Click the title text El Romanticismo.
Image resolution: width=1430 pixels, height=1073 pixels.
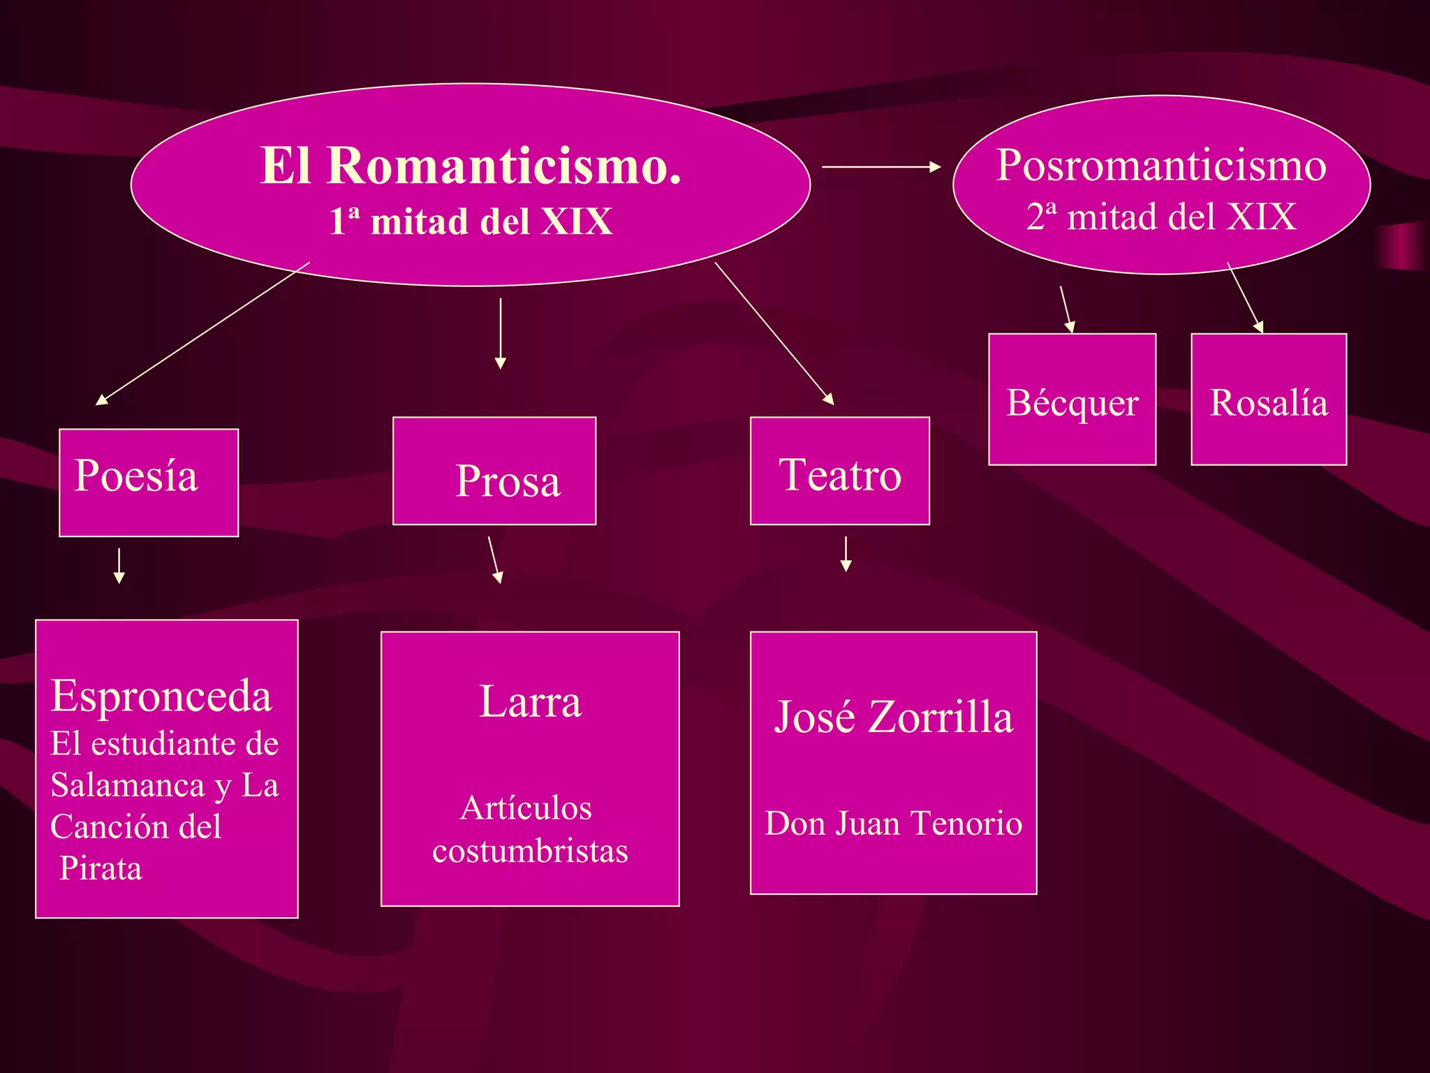pos(470,166)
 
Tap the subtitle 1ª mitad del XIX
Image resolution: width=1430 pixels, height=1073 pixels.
pos(470,221)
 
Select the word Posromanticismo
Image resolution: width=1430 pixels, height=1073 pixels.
pos(1160,166)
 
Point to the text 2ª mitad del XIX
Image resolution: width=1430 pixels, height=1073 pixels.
pos(1160,217)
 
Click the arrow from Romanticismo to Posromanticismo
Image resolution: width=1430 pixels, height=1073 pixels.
pos(881,167)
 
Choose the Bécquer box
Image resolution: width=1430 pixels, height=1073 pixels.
pos(1072,400)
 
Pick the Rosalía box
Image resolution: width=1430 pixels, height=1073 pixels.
pos(1268,400)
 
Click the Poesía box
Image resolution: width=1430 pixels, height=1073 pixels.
pos(149,482)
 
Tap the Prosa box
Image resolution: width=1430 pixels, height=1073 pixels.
pos(494,471)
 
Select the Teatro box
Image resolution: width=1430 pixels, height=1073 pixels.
pos(839,471)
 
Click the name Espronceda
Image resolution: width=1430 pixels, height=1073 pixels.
pos(161,696)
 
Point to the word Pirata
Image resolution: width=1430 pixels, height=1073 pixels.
pos(101,868)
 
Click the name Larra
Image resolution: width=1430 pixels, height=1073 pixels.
pos(530,701)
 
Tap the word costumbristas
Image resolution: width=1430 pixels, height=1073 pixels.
pos(530,851)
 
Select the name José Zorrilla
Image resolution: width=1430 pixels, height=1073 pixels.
pos(893,717)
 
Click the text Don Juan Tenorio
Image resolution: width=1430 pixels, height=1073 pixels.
pos(893,823)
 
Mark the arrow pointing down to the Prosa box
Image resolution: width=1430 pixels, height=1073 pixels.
pos(500,333)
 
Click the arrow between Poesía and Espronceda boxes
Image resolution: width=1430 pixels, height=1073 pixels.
pos(119,565)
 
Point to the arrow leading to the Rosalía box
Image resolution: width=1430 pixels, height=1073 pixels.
pos(1245,298)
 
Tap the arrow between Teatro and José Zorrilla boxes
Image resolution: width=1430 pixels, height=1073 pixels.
pos(846,554)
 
